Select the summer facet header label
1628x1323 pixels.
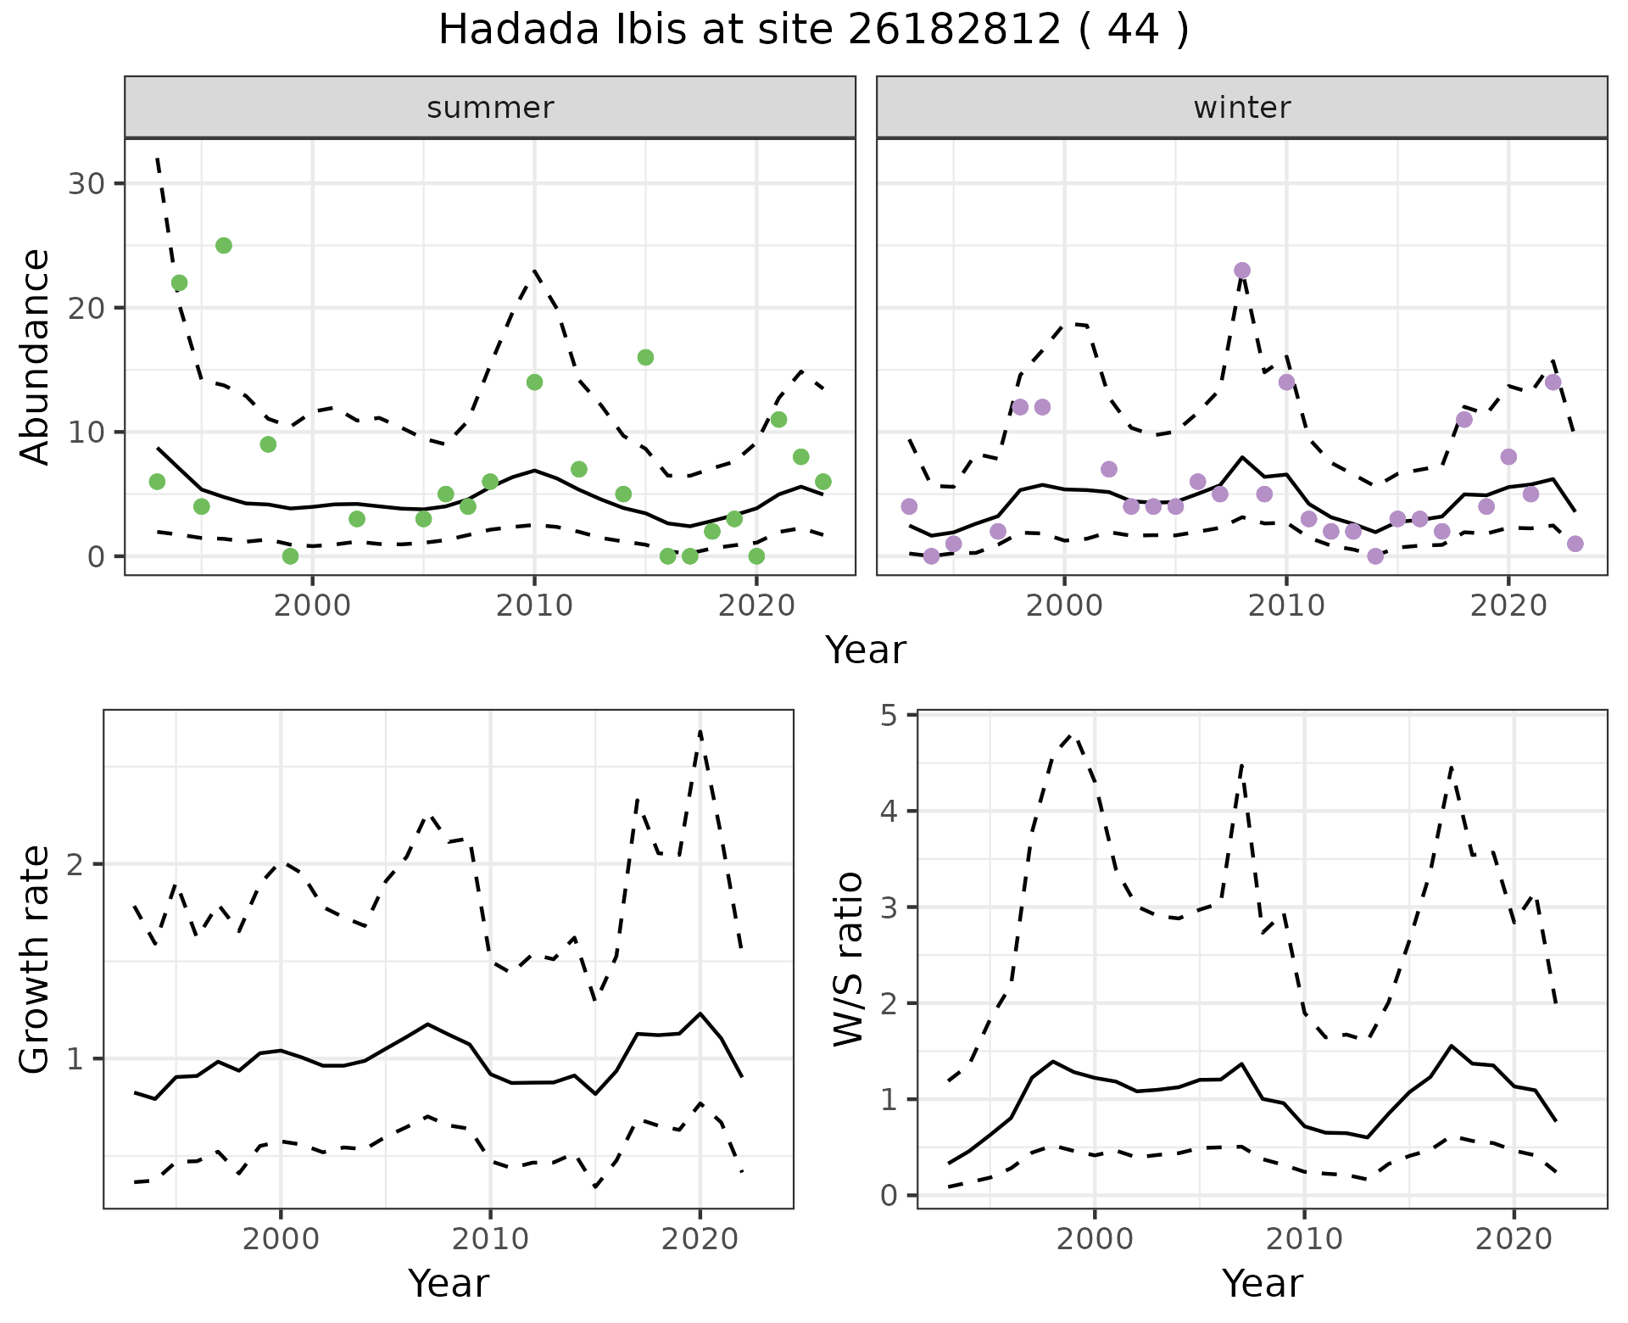[490, 108]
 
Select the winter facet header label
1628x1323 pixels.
[1242, 108]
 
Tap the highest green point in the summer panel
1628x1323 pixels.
[224, 246]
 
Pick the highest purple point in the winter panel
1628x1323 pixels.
[1242, 271]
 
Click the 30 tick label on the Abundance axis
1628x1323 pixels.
[86, 184]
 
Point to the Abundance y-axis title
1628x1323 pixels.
[36, 356]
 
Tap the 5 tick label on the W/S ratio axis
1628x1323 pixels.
[889, 716]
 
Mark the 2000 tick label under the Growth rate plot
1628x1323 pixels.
[281, 1239]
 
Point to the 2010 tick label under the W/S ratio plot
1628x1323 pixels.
[1304, 1239]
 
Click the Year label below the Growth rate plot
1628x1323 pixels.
[449, 1283]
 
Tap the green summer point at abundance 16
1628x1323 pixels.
[645, 358]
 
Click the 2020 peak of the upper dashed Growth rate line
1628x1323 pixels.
[700, 730]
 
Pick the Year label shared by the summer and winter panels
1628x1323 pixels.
[866, 650]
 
